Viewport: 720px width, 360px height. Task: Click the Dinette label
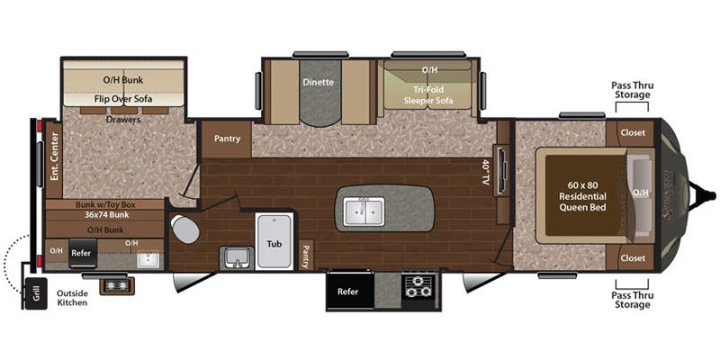tap(319, 82)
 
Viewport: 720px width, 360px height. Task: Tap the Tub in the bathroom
tap(274, 243)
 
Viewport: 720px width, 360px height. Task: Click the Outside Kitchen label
tap(72, 298)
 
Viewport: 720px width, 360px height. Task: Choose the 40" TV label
tap(486, 172)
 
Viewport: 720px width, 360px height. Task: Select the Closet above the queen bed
tap(633, 132)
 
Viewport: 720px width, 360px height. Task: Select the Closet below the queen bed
tap(633, 257)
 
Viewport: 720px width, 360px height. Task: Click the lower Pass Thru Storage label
tap(631, 300)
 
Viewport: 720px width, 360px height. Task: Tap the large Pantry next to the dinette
tap(227, 139)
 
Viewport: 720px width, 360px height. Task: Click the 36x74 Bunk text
tap(105, 216)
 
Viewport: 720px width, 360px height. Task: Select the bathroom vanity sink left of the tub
tap(237, 258)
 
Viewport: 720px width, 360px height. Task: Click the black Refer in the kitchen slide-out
tap(348, 291)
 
